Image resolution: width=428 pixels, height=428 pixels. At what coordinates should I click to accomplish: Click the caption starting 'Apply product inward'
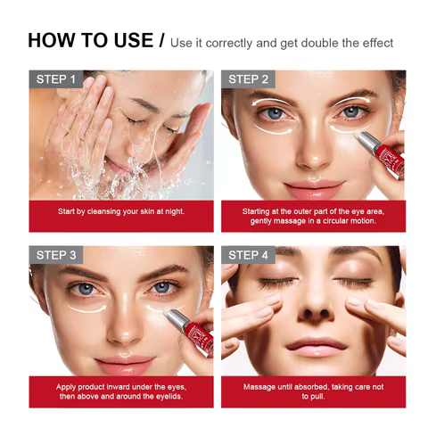121,391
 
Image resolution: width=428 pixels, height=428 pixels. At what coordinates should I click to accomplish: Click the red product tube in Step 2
381,154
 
